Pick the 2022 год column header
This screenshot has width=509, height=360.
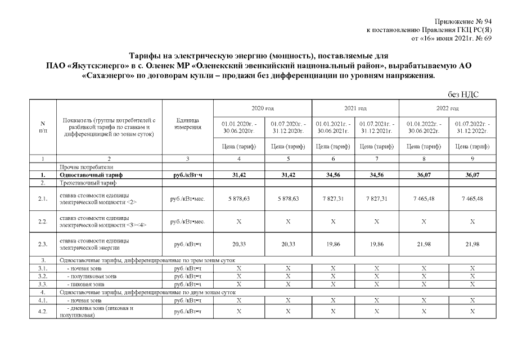(447, 107)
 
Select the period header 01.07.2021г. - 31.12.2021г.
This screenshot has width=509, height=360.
(377, 127)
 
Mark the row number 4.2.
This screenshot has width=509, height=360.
(43, 312)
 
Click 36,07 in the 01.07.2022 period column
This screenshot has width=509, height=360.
(472, 175)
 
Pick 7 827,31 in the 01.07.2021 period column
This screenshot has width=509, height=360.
(377, 199)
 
